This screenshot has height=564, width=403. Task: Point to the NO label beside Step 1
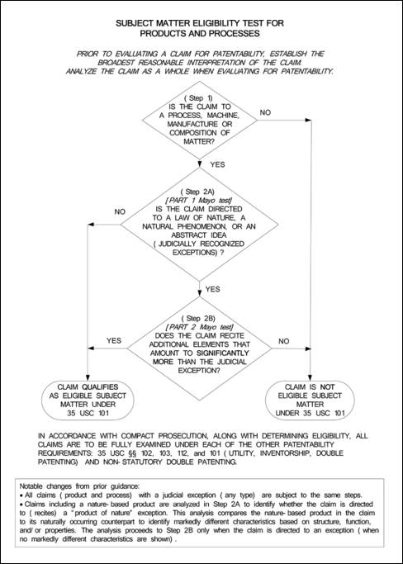(265, 112)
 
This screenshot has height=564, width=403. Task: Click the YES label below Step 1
(217, 164)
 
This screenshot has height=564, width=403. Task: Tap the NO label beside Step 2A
(120, 211)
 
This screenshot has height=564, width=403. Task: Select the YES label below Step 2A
(213, 289)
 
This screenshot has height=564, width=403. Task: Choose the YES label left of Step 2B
(114, 340)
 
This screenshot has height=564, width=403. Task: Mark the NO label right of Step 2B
(284, 341)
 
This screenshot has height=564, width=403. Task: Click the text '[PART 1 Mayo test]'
(198, 201)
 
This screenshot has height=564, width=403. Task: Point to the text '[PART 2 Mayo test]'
(199, 327)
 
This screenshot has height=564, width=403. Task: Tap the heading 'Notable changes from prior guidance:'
(79, 486)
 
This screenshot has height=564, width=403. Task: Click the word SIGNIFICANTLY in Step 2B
(223, 353)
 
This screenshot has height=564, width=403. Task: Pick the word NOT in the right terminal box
(327, 387)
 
